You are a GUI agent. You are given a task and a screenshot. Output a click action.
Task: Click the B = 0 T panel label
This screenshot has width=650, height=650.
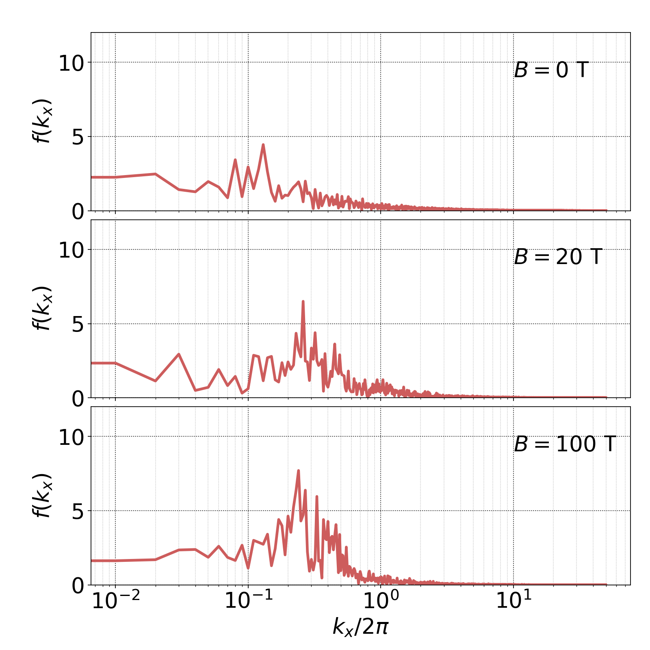(x=551, y=70)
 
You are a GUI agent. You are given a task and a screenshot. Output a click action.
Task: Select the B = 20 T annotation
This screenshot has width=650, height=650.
(x=558, y=257)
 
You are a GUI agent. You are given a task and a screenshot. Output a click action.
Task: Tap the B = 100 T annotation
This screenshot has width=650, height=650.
(x=565, y=444)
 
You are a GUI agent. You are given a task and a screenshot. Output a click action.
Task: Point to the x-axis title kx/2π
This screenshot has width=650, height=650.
(x=360, y=626)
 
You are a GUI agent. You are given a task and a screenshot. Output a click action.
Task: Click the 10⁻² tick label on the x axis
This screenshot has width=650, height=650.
(x=116, y=601)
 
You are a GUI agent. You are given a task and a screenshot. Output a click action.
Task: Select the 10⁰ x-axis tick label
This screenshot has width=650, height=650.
(x=381, y=601)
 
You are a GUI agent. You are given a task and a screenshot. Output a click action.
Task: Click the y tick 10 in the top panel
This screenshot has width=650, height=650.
(x=71, y=63)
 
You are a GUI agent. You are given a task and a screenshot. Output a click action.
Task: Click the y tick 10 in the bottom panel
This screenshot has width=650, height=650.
(x=71, y=437)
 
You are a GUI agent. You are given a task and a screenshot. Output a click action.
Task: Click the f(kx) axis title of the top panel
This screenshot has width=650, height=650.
(x=41, y=121)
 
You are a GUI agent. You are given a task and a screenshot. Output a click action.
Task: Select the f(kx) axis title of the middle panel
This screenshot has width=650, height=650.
(x=41, y=308)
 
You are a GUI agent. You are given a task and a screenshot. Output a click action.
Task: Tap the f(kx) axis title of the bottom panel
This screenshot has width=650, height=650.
(x=41, y=496)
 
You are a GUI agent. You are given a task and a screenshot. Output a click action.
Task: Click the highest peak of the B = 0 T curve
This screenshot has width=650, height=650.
(x=263, y=145)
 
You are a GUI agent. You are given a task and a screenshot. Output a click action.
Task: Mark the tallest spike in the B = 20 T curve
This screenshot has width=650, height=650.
(x=303, y=301)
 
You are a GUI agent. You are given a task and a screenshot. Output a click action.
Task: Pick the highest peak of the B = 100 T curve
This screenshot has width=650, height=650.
(x=299, y=471)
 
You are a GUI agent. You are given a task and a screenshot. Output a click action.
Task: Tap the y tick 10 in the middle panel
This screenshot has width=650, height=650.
(x=71, y=250)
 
